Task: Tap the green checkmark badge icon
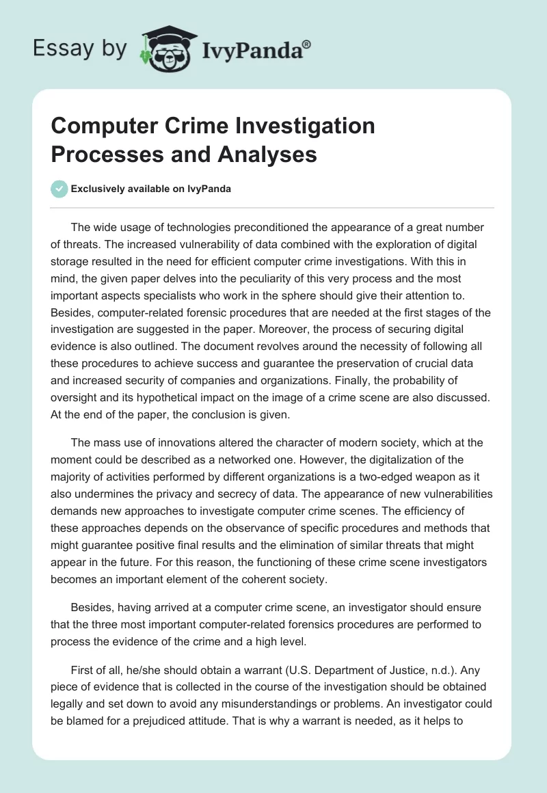tap(59, 189)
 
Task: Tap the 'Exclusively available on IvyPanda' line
tap(150, 189)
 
